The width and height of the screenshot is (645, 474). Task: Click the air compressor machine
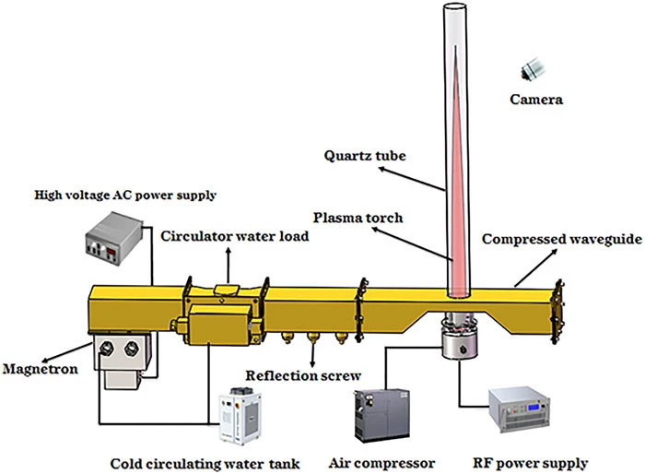381,416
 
